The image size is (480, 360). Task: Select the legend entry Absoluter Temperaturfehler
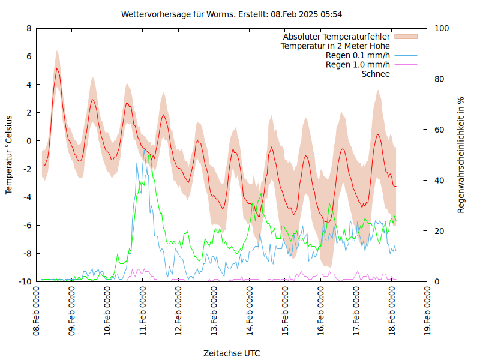coord(336,37)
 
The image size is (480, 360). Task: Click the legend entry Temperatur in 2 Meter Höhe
coord(335,46)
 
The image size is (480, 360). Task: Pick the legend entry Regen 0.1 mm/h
coord(358,55)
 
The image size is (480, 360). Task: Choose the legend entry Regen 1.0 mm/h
coord(358,65)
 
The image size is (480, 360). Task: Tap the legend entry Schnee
coord(376,74)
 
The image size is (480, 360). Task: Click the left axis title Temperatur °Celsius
coord(10,154)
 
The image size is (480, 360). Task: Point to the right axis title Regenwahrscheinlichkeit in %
coord(461,155)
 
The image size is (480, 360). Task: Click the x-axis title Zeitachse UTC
coord(232,353)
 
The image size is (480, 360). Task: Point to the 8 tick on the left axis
coord(29,28)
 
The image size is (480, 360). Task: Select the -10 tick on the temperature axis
coord(25,281)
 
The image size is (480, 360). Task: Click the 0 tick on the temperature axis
coord(29,141)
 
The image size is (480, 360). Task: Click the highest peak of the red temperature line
coord(57,68)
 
